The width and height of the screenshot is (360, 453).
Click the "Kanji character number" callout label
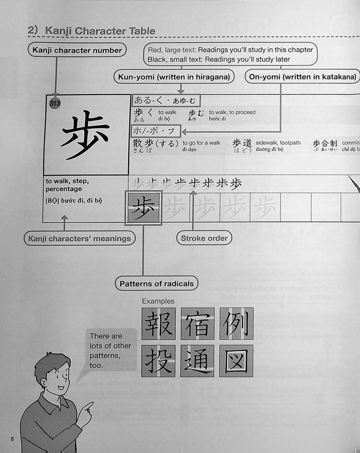pos(77,50)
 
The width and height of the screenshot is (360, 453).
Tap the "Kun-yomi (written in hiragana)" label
pos(174,77)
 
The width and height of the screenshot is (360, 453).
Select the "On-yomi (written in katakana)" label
pos(302,77)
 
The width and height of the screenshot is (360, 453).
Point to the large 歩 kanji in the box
pos(85,135)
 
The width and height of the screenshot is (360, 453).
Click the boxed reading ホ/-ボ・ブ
pos(156,131)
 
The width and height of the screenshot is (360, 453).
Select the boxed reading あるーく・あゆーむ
pos(166,100)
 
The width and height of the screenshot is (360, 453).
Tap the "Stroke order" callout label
pos(204,238)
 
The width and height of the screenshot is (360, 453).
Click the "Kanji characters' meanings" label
pos(79,238)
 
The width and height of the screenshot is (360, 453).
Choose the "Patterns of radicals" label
pos(156,283)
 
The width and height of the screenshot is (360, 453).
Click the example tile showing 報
pos(158,323)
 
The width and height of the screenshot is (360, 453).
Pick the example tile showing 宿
pos(197,323)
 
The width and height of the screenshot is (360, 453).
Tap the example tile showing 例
pos(236,323)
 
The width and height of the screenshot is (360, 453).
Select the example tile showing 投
pos(158,361)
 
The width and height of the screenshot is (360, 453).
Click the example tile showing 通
pos(197,361)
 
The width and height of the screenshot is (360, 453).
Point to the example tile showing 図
pos(236,361)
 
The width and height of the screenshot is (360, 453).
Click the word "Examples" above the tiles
pos(158,301)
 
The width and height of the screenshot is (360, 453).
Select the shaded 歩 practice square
pos(143,207)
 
